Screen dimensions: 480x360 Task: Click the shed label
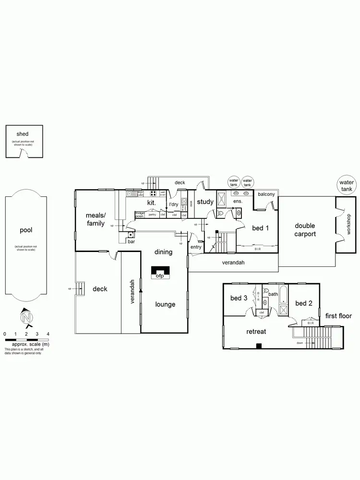23,134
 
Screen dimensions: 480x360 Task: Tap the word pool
25,230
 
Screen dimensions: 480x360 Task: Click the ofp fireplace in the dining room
159,276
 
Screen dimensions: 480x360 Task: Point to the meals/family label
96,220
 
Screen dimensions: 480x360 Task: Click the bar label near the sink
131,241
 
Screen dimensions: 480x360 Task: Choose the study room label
205,202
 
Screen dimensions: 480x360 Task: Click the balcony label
266,194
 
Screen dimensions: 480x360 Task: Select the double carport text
305,230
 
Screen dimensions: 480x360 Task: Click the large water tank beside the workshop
347,186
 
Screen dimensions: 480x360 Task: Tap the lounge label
165,304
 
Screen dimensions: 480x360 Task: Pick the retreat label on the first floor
256,331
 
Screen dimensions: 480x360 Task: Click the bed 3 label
239,298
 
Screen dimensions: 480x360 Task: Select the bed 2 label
304,303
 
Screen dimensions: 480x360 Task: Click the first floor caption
338,316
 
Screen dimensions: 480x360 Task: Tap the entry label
196,247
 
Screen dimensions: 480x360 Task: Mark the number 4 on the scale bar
48,334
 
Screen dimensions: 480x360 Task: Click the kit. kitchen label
151,203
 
